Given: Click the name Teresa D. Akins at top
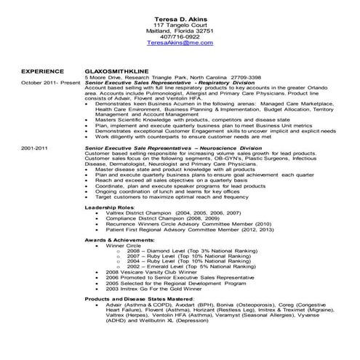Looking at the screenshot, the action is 179,17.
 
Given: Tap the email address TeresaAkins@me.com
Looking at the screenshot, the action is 179,44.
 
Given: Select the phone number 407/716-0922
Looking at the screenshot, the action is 179,37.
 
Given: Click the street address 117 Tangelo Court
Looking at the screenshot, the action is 179,24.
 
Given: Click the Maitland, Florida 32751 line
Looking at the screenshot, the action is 179,31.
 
